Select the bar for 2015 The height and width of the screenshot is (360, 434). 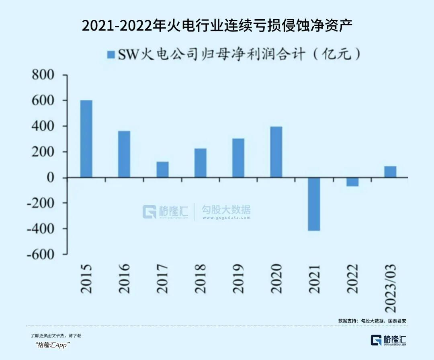86,139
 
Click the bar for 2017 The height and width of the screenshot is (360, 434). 162,169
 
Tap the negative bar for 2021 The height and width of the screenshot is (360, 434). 314,204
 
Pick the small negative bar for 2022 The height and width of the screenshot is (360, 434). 352,182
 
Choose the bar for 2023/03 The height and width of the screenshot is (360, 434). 390,172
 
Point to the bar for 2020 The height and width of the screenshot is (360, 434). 276,152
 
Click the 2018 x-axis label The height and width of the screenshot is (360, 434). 200,278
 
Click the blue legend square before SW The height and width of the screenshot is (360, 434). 111,55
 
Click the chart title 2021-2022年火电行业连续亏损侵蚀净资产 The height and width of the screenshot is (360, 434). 217,25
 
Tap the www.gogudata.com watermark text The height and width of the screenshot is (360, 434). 226,218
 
